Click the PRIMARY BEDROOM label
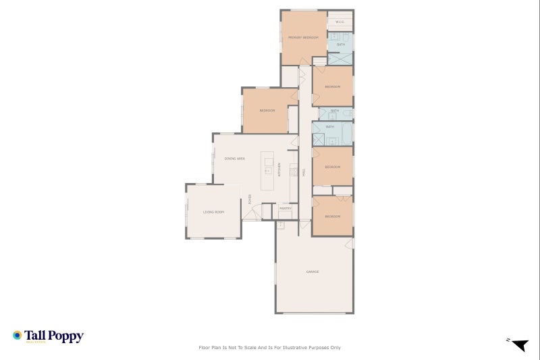(303, 38)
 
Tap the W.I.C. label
(340, 22)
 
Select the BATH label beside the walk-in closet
(341, 45)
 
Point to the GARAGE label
(313, 272)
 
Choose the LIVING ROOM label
(213, 212)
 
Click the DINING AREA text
(234, 158)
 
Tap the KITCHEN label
(279, 170)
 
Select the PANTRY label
(286, 209)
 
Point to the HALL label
(304, 173)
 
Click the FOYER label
(250, 199)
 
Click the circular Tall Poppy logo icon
(18, 335)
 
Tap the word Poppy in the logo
(65, 335)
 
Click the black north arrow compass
(518, 345)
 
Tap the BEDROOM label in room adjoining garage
(332, 216)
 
